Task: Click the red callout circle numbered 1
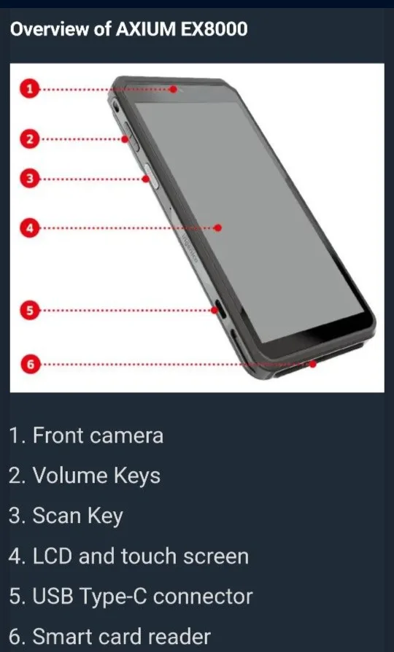(x=29, y=90)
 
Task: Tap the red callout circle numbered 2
(x=29, y=139)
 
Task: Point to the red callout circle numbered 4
(x=29, y=228)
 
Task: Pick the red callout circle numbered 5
(x=29, y=311)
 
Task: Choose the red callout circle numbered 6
(x=29, y=364)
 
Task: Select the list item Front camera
(x=86, y=436)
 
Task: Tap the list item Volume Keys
(x=85, y=476)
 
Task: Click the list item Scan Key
(x=66, y=516)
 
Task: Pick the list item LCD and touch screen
(x=129, y=556)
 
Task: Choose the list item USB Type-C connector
(x=131, y=597)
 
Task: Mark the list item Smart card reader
(x=110, y=637)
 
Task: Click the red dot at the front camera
(x=174, y=90)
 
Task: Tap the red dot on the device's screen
(x=218, y=228)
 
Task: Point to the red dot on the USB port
(x=215, y=311)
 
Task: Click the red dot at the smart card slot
(x=312, y=364)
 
